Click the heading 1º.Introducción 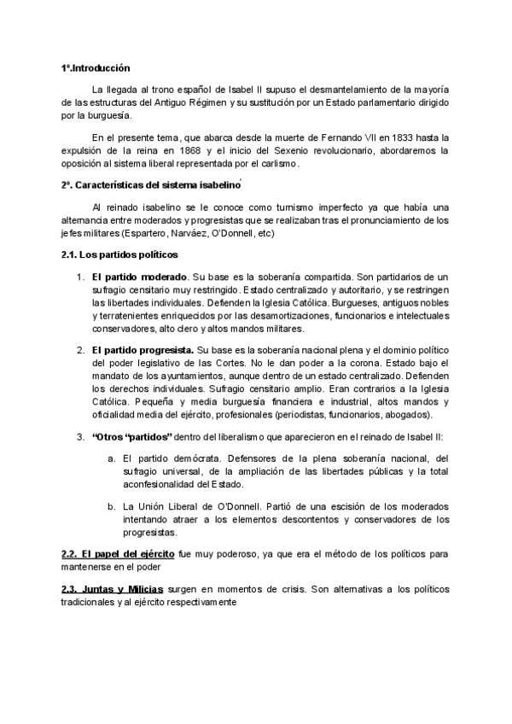tap(95, 67)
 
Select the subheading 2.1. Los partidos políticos tap(119, 255)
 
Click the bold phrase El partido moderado tap(140, 277)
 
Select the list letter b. tap(112, 506)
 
